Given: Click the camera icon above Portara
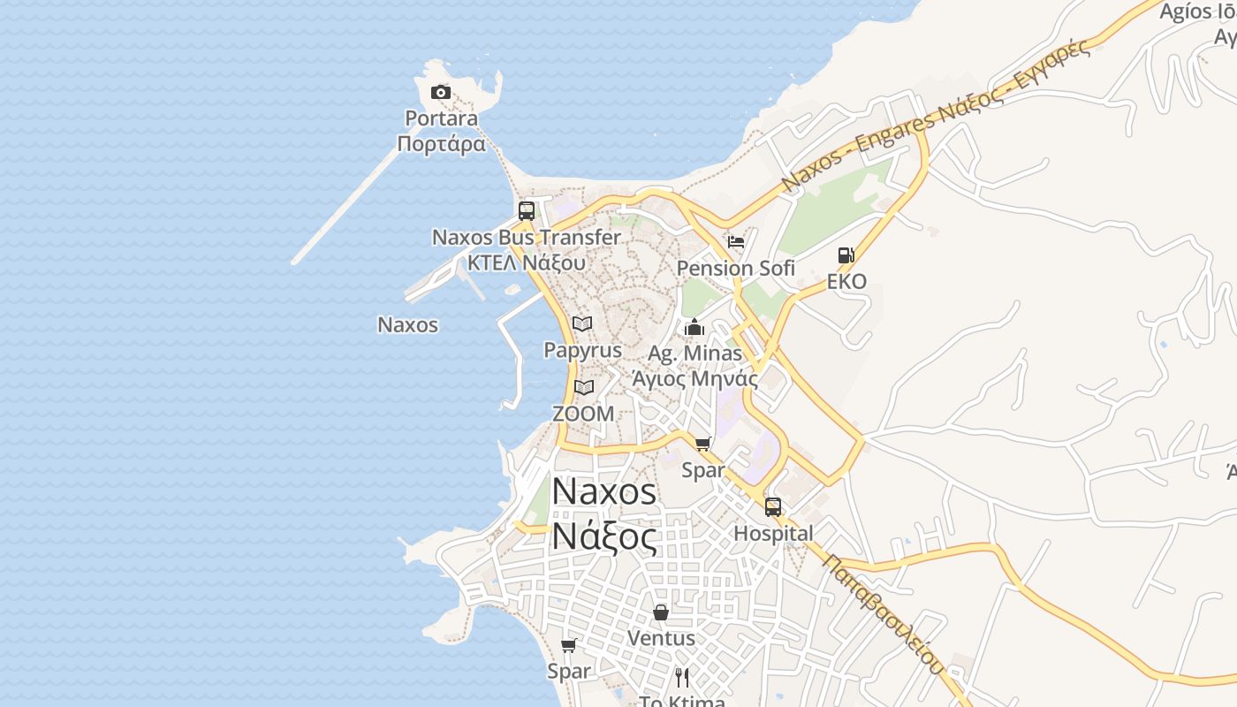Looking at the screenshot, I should (x=440, y=92).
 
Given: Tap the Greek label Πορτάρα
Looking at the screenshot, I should (x=442, y=144).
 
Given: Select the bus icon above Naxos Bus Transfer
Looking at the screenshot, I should (x=527, y=211).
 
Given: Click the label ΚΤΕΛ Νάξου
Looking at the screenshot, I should (x=527, y=262).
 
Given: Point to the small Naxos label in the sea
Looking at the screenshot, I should (x=407, y=324).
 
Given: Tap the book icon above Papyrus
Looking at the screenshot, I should (x=582, y=324).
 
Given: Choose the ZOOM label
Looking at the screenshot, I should (x=583, y=413).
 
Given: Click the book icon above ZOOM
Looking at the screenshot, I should (x=583, y=387).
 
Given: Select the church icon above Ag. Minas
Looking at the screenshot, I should (x=694, y=328).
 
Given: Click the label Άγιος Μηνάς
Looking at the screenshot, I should (x=695, y=378).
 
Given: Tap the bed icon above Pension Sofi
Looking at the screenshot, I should (x=736, y=241).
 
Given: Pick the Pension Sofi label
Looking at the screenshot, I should (x=736, y=268).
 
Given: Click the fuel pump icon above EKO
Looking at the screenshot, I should (x=846, y=255).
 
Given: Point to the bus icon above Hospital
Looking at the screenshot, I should (x=773, y=507).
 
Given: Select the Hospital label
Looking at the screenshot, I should (x=773, y=534).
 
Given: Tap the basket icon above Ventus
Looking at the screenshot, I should (x=661, y=612).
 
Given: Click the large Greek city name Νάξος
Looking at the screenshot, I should (x=604, y=536).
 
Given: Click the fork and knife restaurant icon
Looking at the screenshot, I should (x=681, y=678).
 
